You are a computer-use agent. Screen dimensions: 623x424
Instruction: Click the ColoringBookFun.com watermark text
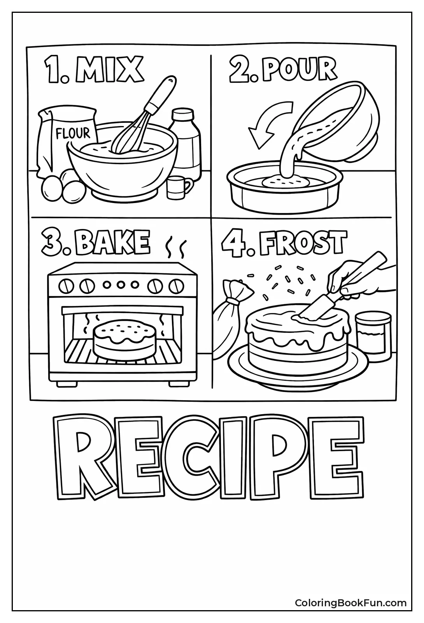[x=350, y=603]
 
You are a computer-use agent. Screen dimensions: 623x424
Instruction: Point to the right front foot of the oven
[x=177, y=383]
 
